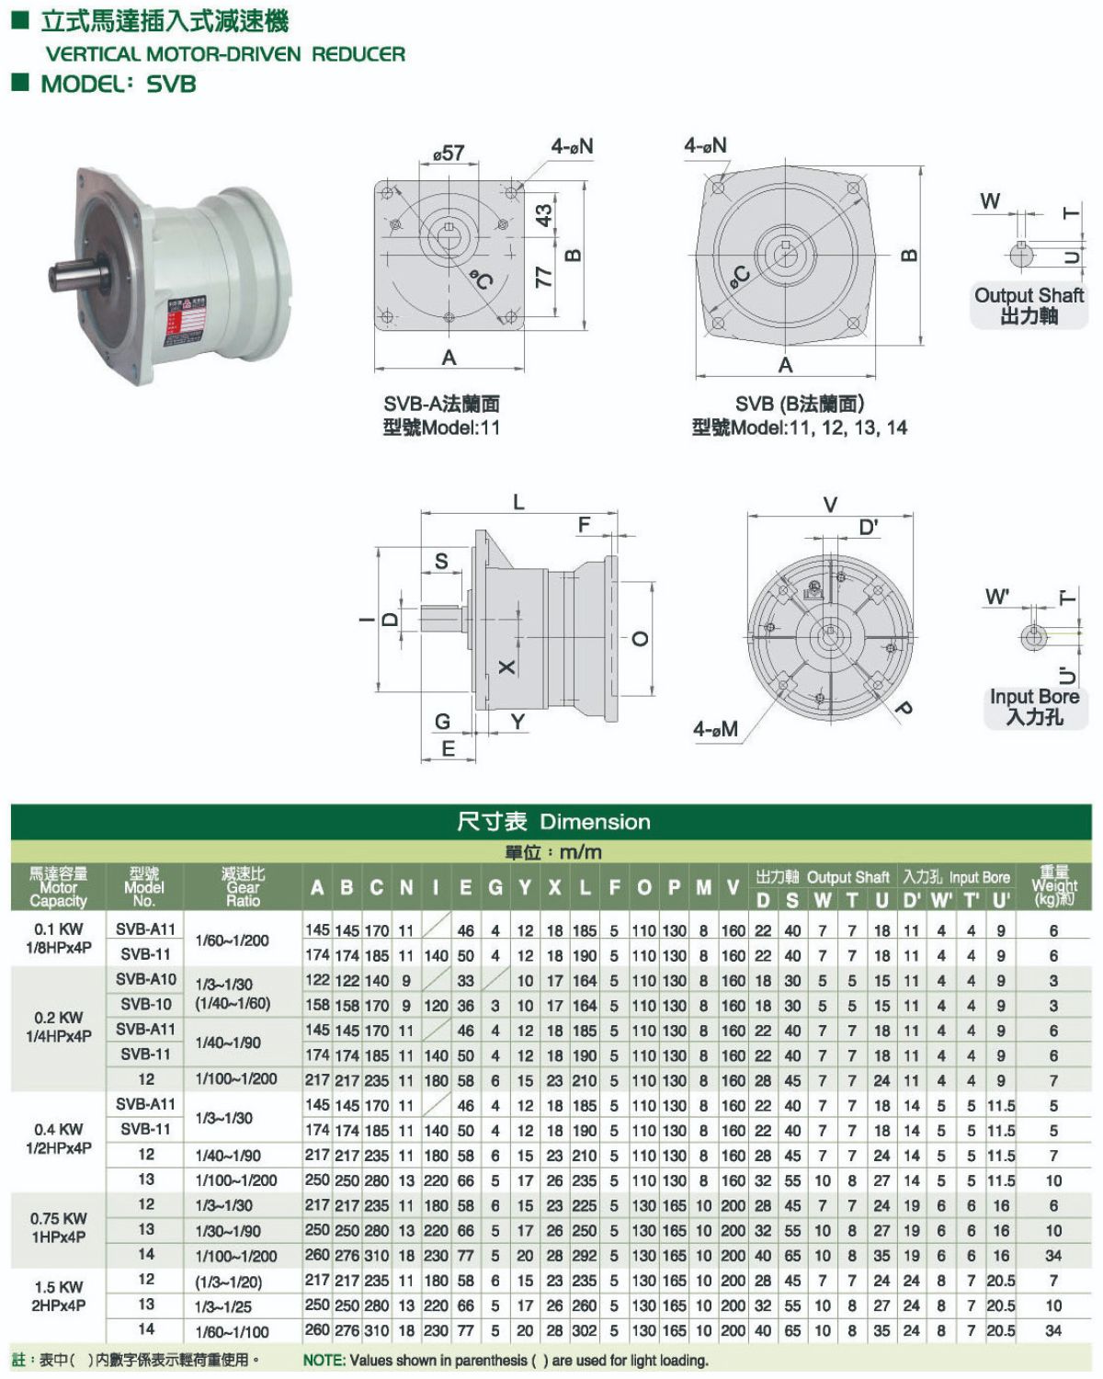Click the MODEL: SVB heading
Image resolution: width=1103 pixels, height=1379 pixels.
[x=119, y=84]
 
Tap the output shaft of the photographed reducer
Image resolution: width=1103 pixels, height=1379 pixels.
[x=76, y=277]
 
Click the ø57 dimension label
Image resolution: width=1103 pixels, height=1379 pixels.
[x=448, y=154]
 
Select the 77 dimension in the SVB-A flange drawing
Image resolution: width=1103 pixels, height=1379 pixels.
[x=543, y=277]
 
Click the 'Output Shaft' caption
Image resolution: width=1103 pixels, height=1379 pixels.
[x=1029, y=295]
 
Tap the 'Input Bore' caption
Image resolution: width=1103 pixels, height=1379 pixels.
[x=1034, y=696]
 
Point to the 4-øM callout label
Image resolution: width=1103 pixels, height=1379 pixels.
[x=715, y=729]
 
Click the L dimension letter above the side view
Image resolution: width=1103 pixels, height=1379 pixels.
[x=518, y=502]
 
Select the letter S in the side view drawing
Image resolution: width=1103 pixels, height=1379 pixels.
[x=441, y=562]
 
